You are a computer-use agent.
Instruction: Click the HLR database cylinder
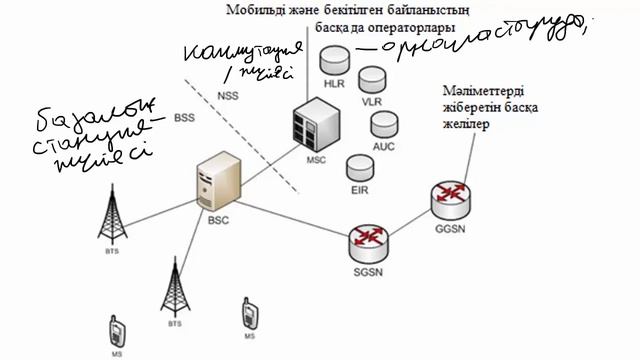(332, 59)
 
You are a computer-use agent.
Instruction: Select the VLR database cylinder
(372, 79)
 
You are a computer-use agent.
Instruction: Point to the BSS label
(185, 118)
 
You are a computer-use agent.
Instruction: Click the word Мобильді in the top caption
(254, 9)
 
